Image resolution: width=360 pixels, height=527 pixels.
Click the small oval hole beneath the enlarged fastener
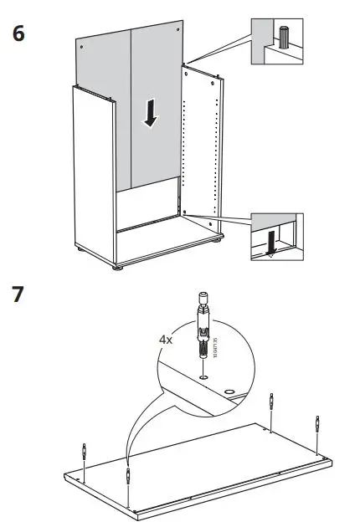click(203, 377)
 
